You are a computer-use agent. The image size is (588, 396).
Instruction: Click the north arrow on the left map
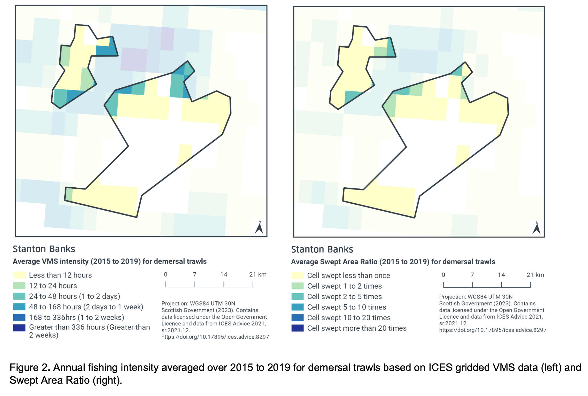[259, 228]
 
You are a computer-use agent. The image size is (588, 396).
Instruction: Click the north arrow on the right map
[537, 229]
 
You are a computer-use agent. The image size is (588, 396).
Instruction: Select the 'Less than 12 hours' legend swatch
[19, 275]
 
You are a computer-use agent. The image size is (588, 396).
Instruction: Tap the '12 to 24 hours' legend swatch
[19, 286]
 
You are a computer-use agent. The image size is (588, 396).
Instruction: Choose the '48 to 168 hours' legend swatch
[19, 307]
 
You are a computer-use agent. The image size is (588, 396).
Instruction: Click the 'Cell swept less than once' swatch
[297, 276]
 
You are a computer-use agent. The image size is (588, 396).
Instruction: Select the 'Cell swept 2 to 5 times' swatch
[297, 297]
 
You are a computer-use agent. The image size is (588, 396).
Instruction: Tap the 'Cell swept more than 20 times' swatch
[297, 328]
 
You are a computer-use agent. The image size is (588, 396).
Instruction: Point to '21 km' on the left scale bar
[258, 274]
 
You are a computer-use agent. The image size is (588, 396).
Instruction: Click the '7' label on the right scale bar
[472, 275]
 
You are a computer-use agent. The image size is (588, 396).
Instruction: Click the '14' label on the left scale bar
[224, 274]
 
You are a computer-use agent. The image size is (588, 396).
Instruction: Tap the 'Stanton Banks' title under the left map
[44, 249]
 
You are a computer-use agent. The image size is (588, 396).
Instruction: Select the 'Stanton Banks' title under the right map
[322, 249]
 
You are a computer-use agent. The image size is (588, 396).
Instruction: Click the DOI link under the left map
[215, 337]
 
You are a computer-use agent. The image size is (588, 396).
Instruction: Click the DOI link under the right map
[492, 330]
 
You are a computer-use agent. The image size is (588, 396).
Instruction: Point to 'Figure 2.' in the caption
[30, 367]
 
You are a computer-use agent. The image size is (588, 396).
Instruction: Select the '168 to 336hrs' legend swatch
[19, 317]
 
